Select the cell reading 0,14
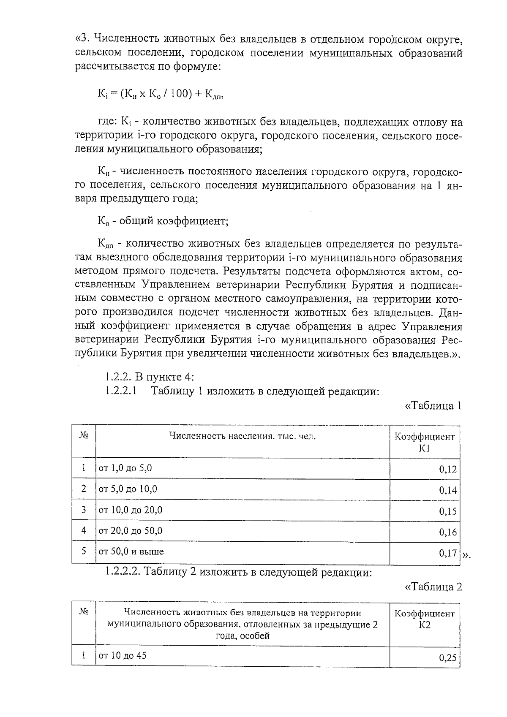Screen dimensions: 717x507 (x=448, y=490)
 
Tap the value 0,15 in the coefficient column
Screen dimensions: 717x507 (x=448, y=511)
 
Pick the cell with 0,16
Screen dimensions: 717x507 (x=448, y=532)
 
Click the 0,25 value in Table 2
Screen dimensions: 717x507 (x=448, y=657)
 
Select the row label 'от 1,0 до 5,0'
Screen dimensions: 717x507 (x=125, y=468)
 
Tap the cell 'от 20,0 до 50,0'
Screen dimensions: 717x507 (x=130, y=531)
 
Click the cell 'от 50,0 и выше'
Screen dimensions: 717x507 (x=131, y=551)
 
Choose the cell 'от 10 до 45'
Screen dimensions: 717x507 (x=123, y=656)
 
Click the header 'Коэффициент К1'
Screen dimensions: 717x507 (x=425, y=442)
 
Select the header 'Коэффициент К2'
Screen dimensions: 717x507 (x=425, y=619)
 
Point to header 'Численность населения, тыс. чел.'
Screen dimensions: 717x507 (x=243, y=437)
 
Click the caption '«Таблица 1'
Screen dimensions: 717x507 (x=432, y=406)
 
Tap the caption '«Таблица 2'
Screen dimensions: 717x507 (x=433, y=587)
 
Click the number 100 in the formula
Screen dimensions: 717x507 (x=179, y=94)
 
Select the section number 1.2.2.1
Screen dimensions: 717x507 (x=121, y=391)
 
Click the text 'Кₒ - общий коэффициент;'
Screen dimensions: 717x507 (x=163, y=221)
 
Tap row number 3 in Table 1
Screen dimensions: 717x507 (x=84, y=510)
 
